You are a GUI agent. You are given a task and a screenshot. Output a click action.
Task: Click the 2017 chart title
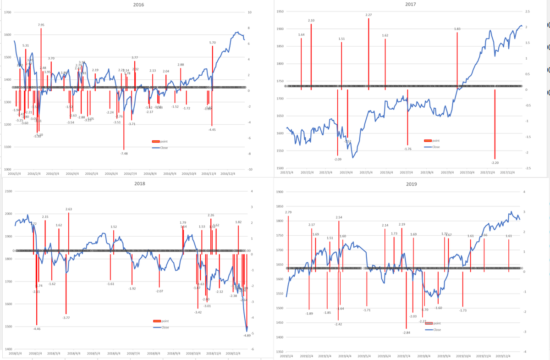point(411,4)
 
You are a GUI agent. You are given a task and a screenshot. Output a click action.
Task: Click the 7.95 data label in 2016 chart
point(41,25)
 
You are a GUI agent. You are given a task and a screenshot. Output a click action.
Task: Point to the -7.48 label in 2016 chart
point(124,154)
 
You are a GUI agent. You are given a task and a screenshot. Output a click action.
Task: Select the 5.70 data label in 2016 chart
point(212,43)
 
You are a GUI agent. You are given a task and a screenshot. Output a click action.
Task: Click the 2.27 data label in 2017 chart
point(368,15)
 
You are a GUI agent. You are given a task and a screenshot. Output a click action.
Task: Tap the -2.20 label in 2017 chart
point(495,163)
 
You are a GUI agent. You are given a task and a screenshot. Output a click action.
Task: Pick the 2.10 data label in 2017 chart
point(311,21)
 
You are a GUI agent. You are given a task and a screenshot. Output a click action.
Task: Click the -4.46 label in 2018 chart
point(37,329)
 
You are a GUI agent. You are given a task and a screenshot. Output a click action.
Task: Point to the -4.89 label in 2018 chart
point(247,336)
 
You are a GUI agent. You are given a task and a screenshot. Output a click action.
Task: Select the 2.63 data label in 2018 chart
point(69,209)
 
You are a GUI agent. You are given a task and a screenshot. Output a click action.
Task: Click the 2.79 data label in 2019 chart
point(288,212)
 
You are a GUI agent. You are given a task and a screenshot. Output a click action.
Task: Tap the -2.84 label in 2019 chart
point(406,332)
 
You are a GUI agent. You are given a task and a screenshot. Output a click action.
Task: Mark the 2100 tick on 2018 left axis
point(8,191)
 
